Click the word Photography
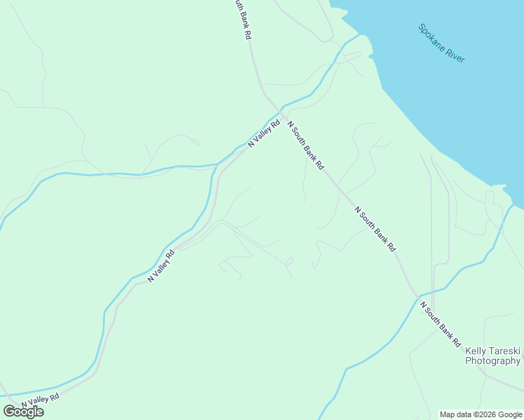(x=492, y=361)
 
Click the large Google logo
(x=23, y=412)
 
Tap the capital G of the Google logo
(x=8, y=412)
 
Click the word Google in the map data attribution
(x=509, y=414)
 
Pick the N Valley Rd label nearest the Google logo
(x=40, y=400)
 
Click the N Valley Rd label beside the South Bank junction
(x=264, y=133)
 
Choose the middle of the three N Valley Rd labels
(x=160, y=267)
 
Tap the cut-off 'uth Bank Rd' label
(x=242, y=19)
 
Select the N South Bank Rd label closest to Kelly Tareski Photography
(x=440, y=323)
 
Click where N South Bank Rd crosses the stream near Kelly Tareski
(x=417, y=296)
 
